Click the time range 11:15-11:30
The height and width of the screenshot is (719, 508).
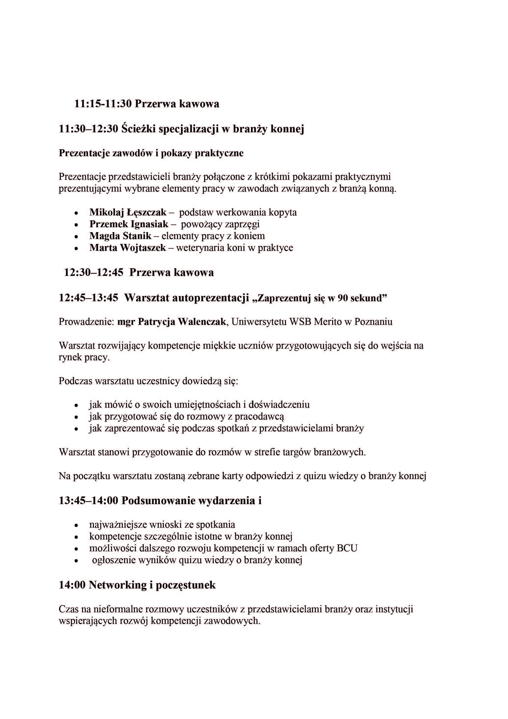tap(103, 104)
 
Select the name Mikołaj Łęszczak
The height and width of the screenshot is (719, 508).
tap(128, 212)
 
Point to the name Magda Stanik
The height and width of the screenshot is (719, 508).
tap(120, 236)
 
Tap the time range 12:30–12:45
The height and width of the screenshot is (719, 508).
tap(94, 272)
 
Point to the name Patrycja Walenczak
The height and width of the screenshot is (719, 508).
tap(182, 322)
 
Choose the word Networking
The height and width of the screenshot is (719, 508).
tap(118, 585)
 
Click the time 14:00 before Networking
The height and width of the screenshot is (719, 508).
tap(72, 585)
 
